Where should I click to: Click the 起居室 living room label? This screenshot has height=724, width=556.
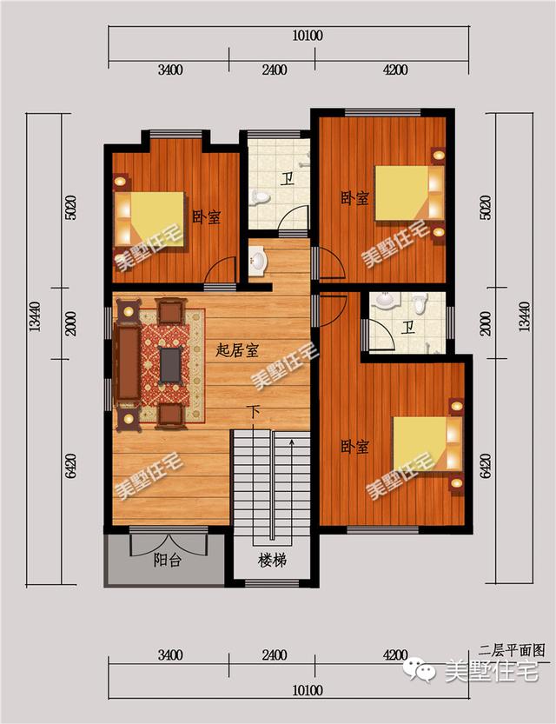click(x=236, y=350)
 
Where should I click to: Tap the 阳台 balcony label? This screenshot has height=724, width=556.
click(x=167, y=560)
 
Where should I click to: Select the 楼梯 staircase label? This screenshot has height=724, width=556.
click(x=272, y=561)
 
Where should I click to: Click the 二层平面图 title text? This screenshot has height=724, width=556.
click(x=512, y=651)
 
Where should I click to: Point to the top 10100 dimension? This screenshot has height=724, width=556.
click(x=308, y=36)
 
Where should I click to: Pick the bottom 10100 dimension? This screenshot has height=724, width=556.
click(x=308, y=691)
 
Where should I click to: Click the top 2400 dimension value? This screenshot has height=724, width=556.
click(x=275, y=70)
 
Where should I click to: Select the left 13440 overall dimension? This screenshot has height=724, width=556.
click(x=35, y=316)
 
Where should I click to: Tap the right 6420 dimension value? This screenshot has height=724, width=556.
click(x=486, y=466)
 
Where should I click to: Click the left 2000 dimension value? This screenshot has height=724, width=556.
click(x=70, y=323)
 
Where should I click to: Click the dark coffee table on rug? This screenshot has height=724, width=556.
click(x=170, y=365)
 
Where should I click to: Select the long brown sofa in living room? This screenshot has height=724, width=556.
click(x=128, y=363)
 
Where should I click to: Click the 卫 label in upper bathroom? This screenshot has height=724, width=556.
click(x=288, y=178)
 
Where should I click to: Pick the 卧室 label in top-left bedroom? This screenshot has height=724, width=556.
click(x=206, y=216)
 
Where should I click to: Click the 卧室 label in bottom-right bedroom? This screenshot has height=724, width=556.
click(x=354, y=447)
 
